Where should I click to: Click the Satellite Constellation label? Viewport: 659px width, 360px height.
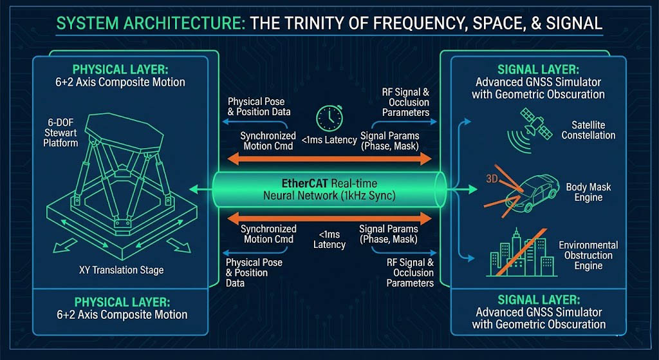point(588,130)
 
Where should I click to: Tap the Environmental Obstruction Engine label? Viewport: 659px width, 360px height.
point(588,255)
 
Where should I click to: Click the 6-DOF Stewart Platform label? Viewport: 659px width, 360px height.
point(60,132)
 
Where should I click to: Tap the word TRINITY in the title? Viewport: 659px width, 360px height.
point(312,24)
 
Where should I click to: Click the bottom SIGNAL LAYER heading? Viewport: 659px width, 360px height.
point(538,299)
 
